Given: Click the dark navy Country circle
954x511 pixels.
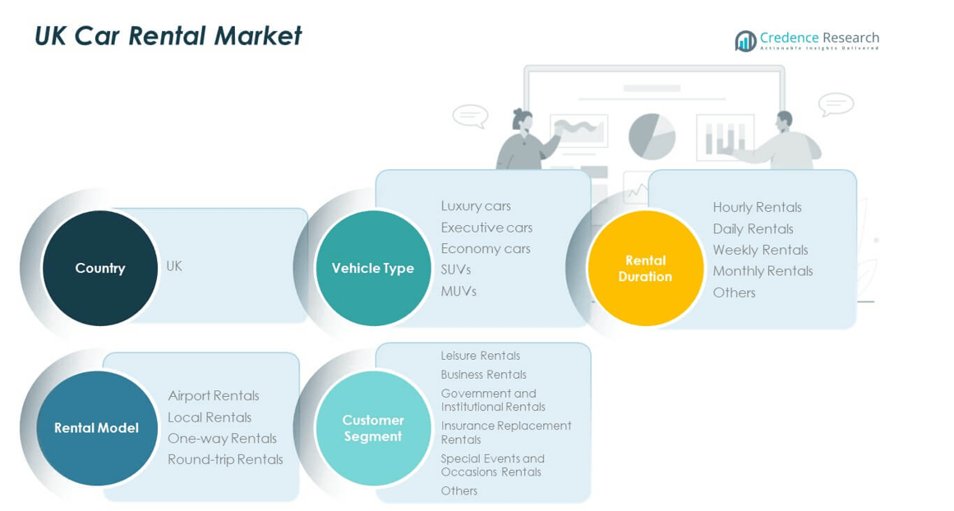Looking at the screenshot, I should (99, 268).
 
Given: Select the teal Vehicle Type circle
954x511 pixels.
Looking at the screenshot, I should (373, 268).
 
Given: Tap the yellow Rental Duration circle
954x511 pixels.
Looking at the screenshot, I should (645, 268).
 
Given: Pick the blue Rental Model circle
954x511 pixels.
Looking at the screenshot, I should (97, 427).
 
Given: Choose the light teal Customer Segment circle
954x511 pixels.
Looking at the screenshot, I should (373, 427).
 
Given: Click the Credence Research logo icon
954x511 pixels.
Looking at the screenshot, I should (745, 40).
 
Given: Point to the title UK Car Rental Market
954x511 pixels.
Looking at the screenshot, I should (168, 36).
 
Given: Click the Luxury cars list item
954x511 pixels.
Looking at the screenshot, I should (476, 205).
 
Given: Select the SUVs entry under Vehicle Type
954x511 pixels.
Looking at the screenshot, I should (455, 269).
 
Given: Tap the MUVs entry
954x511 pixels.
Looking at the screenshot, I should (459, 291).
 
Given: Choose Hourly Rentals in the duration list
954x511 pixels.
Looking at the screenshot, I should (757, 207).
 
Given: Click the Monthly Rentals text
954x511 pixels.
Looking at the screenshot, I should (763, 271).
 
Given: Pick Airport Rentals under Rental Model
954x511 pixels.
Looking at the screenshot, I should (214, 396).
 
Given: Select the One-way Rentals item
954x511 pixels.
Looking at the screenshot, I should (222, 438).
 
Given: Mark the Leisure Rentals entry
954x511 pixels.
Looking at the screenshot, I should (481, 356).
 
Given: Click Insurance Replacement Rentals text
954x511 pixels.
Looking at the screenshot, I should (505, 432).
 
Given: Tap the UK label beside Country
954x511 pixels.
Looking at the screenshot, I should (174, 266).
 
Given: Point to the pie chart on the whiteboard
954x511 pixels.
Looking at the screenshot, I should (652, 136).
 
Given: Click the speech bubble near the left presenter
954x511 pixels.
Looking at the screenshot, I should (470, 116).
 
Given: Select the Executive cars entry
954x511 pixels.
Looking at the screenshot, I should (486, 228).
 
